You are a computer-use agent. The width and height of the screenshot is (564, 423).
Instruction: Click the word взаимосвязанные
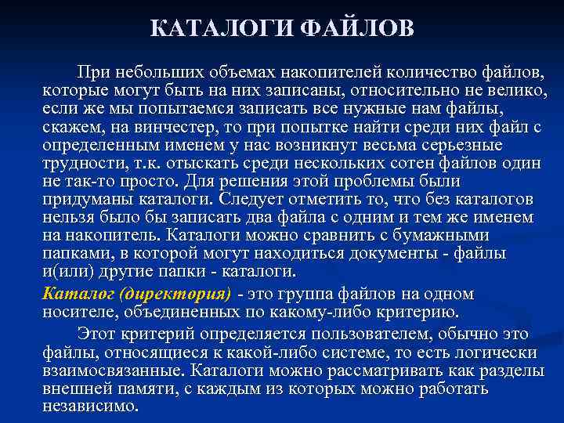point(111,371)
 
